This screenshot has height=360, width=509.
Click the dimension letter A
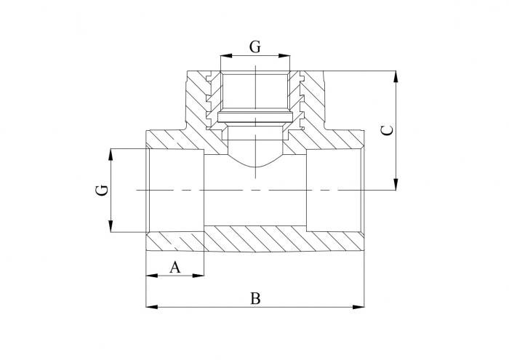coord(175,267)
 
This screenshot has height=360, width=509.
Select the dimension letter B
coord(254,298)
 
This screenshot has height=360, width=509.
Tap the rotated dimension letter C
coord(388,130)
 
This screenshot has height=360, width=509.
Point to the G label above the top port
coord(254,47)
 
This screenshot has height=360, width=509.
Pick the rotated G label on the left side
coord(103,191)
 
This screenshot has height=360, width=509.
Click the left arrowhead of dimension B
coord(151,307)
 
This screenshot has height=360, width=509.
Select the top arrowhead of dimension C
coord(396,75)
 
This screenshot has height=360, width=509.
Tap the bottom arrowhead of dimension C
coord(396,186)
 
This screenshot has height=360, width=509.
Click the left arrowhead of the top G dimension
coord(225,56)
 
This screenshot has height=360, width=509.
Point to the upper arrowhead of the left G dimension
coord(111,152)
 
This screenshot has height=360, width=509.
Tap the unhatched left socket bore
coord(175,191)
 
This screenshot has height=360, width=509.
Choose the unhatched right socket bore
coord(334,191)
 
